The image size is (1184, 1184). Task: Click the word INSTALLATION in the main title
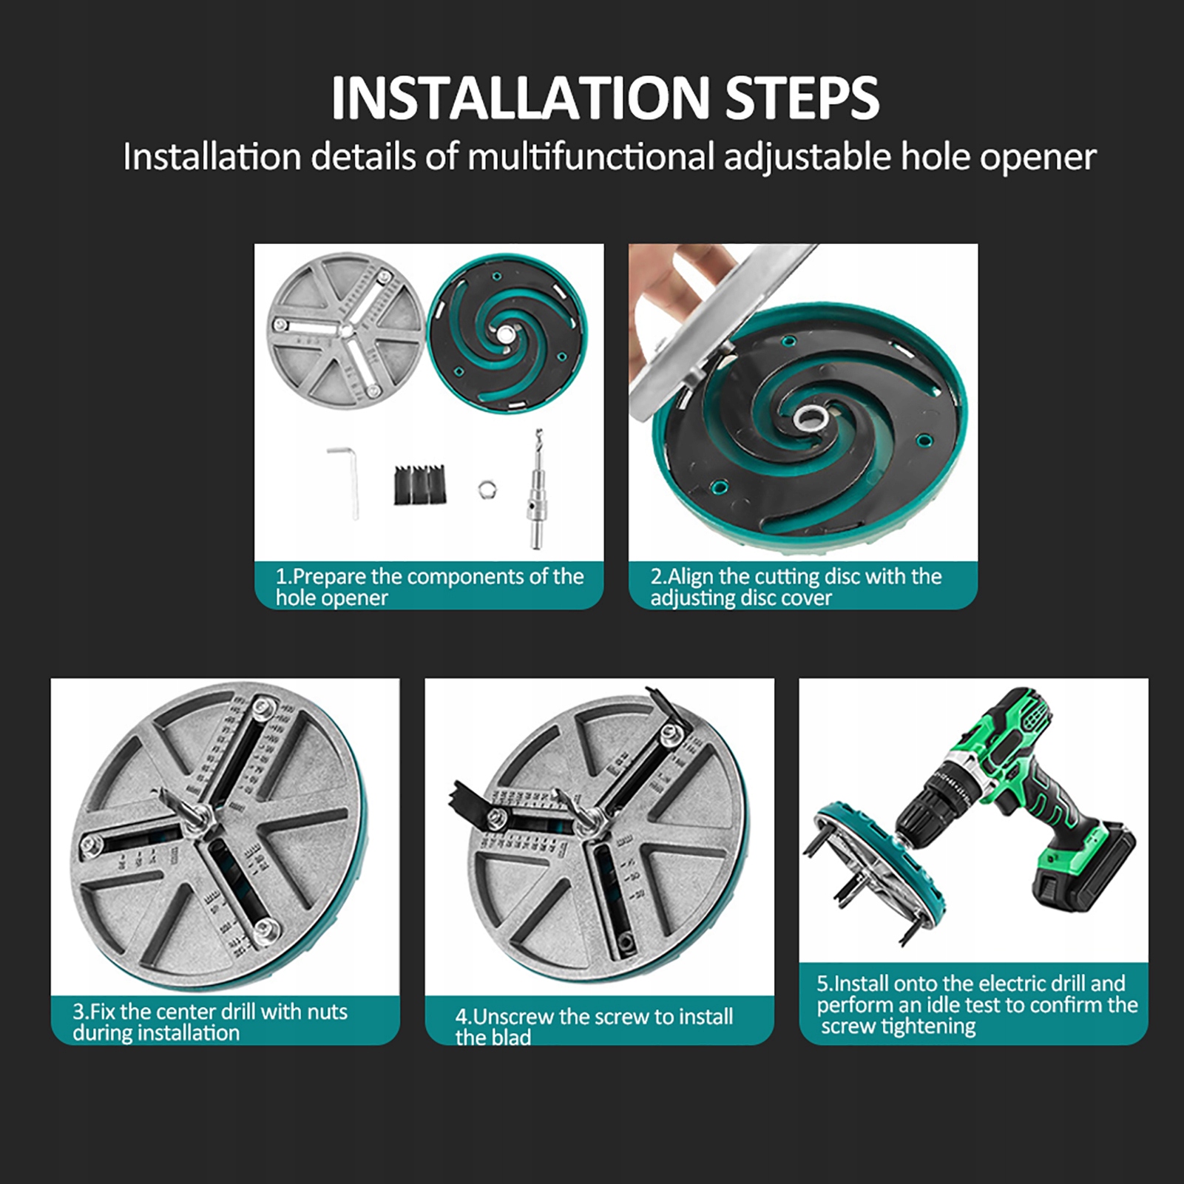520,98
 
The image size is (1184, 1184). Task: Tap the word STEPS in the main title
802,98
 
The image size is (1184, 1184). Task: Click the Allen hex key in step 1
345,481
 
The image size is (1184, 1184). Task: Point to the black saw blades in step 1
420,484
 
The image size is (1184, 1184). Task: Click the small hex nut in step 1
487,489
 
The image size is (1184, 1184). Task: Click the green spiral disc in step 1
507,333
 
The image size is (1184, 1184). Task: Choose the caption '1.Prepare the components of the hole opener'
430,586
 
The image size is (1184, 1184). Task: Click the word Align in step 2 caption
691,577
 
